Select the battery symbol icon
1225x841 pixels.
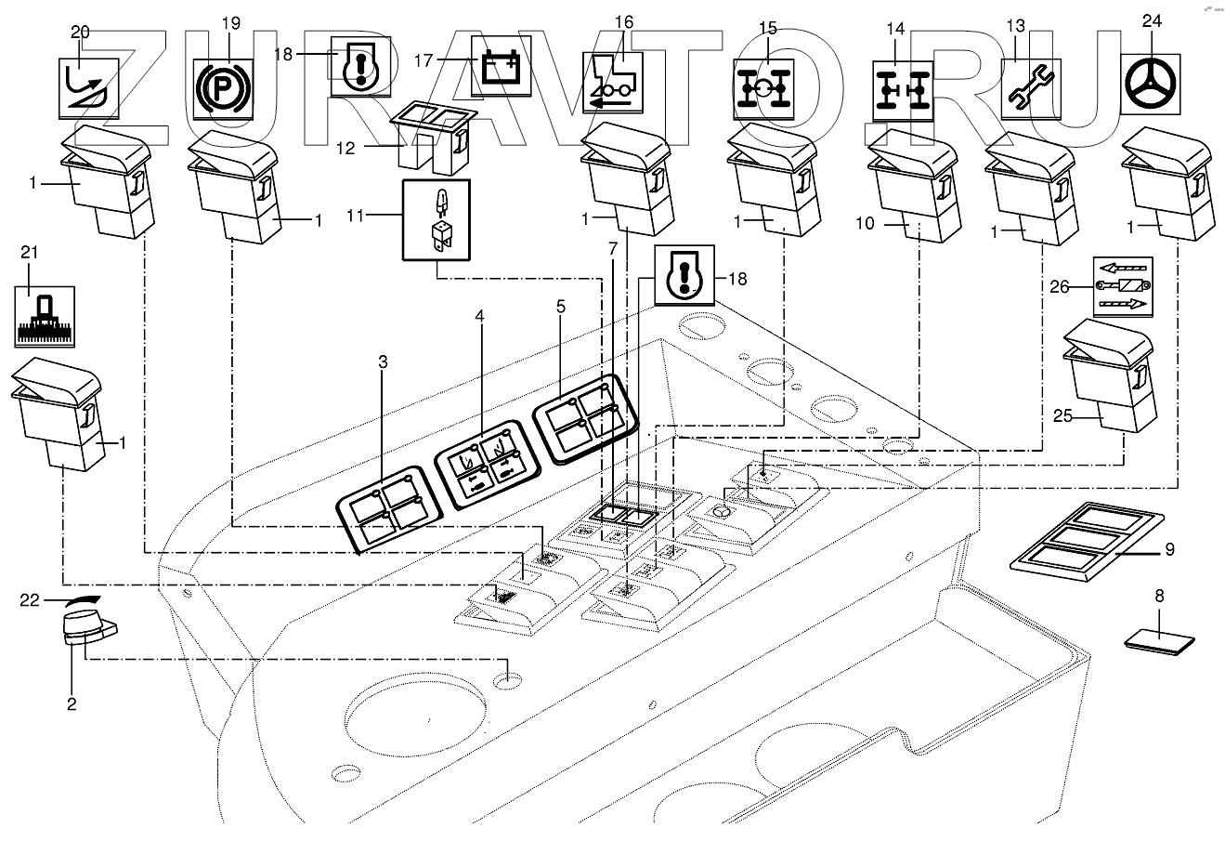502,66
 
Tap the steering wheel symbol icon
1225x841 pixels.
1150,83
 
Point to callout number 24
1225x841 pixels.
1152,21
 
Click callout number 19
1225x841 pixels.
231,21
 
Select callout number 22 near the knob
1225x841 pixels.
31,600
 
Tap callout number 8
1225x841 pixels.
1158,596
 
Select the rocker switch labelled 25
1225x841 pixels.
1112,375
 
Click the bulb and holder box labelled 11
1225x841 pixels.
435,219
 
